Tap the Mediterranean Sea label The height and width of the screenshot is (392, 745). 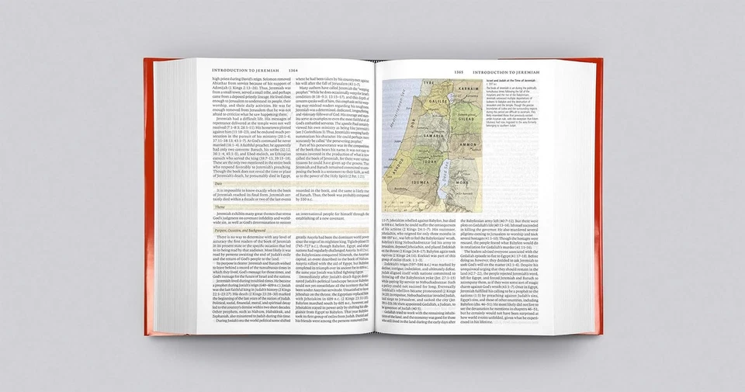click(x=398, y=124)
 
